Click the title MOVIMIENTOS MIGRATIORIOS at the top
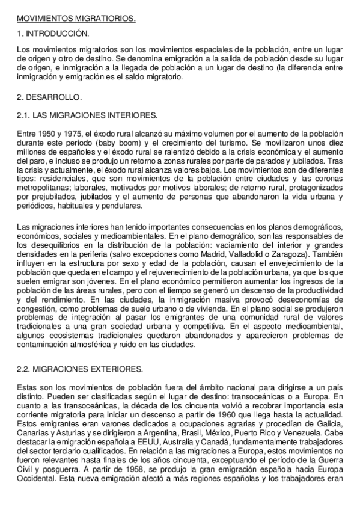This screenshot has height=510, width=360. click(76, 19)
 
